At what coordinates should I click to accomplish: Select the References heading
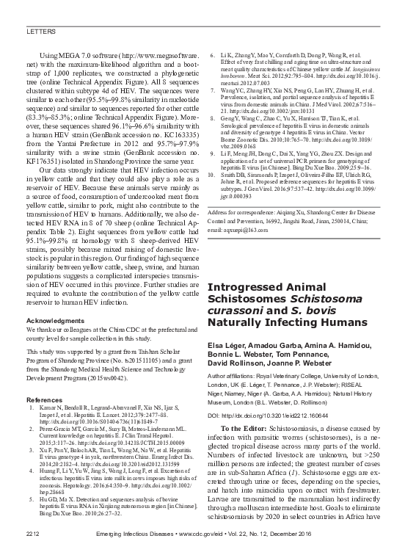click(45, 400)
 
